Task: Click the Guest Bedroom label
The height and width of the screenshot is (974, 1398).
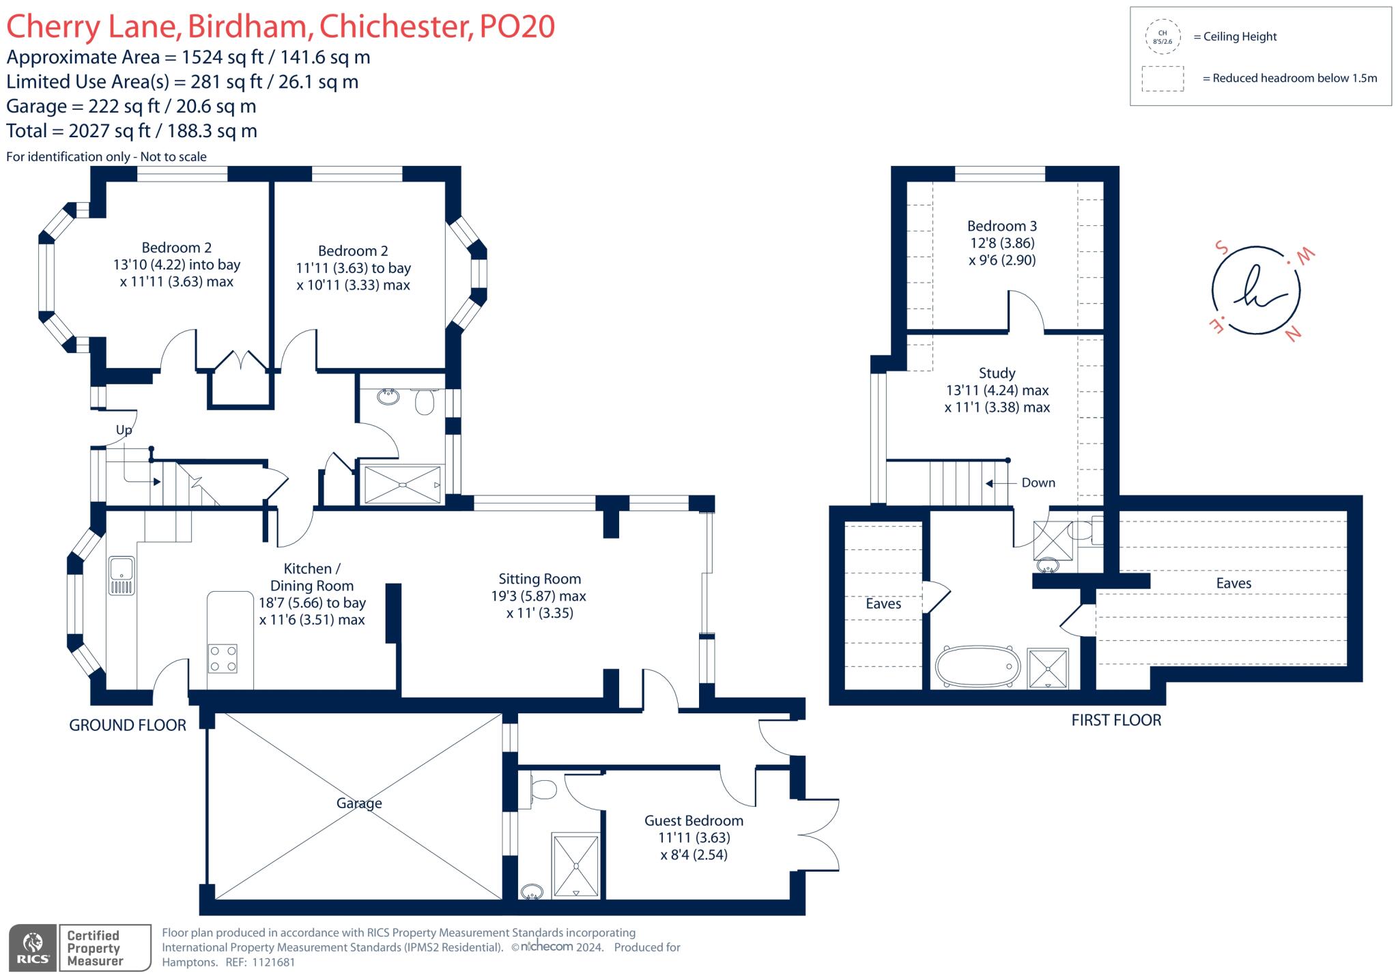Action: coord(694,821)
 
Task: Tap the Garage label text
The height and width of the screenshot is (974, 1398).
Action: coord(359,803)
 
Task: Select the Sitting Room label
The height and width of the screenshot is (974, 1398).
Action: coord(539,579)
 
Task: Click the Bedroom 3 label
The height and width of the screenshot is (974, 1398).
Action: coord(1001,226)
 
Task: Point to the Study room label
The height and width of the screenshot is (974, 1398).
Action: coord(997,373)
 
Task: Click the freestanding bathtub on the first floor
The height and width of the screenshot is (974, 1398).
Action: coord(978,665)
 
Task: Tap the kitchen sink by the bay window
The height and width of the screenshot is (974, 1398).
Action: coord(122,575)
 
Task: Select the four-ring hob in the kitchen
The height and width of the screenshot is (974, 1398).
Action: coord(223,658)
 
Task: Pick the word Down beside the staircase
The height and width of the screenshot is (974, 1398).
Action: coord(1038,483)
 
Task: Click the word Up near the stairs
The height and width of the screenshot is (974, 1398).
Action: coord(124,430)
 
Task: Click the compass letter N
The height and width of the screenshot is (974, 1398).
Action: coord(1293,334)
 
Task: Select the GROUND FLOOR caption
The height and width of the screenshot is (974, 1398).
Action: coord(128,726)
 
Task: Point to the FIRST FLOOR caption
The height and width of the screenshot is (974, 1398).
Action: coord(1116,720)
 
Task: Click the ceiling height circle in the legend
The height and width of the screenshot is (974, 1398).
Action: coord(1162,37)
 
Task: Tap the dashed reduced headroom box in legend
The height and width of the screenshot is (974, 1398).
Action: coord(1162,78)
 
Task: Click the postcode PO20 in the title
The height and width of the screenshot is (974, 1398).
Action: coord(517,27)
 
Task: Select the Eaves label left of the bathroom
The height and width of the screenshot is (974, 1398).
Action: coord(883,604)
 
